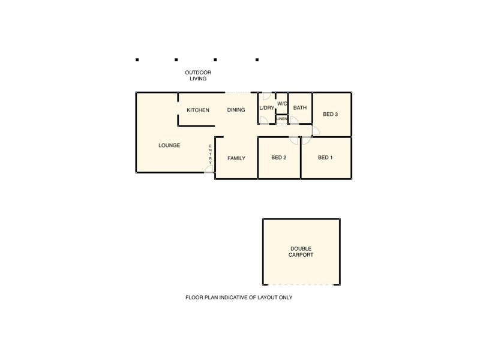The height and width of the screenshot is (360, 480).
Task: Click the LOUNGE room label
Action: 169,145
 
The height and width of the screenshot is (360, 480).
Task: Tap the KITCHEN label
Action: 198,110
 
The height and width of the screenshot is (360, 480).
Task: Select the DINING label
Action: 236,110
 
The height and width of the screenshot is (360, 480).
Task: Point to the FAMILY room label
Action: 236,158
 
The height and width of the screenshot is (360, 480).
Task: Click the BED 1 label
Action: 325,158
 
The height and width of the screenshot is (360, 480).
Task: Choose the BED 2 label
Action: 278,158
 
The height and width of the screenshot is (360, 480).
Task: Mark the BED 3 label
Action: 331,114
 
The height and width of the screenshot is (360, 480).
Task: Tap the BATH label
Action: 300,108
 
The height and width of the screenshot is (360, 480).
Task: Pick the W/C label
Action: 282,103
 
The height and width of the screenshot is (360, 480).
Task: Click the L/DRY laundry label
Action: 266,108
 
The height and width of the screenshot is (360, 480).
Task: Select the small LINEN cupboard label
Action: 282,119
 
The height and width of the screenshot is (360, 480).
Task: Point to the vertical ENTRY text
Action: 210,154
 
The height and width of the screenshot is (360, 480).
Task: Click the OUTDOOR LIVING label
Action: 198,76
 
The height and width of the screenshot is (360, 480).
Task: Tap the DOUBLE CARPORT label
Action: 301,252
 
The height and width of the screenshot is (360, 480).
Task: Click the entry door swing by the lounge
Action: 209,169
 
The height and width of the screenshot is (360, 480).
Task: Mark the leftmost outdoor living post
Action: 137,60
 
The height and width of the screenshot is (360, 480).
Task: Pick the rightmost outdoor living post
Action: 257,60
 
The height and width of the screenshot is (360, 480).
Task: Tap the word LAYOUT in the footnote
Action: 267,297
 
